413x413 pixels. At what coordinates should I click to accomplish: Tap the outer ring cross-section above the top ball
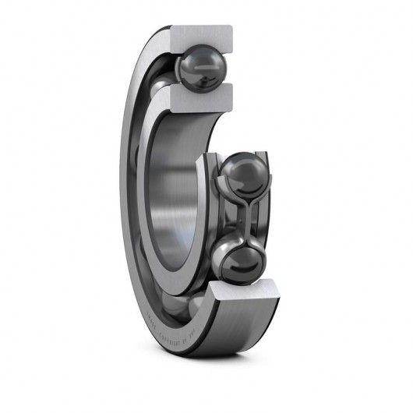click(204, 34)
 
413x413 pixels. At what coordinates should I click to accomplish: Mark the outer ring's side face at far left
click(130, 195)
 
